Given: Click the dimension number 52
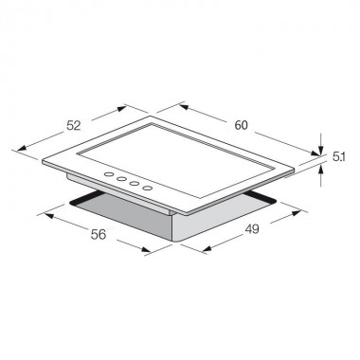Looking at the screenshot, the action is (74, 126).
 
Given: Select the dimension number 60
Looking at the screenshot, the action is (241, 125).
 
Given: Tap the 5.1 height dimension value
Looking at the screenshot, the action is (338, 157).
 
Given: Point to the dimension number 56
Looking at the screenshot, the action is (99, 234).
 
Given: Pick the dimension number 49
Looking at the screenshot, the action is (252, 229).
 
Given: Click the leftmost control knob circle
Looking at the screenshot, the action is (109, 174).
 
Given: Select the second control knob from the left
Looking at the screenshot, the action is (121, 179).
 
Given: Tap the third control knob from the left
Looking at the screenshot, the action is (135, 184).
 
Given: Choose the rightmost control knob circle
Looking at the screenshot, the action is (148, 189).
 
